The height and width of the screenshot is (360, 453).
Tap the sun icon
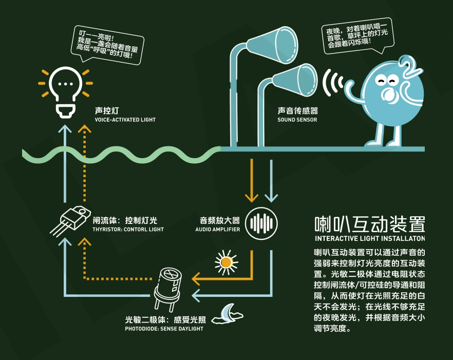(x=226, y=262)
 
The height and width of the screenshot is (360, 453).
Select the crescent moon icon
(x=228, y=313)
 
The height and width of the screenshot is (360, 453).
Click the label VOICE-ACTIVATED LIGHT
(x=125, y=120)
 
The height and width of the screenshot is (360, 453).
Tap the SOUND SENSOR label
(x=297, y=120)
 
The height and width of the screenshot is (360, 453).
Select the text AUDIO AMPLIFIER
(x=217, y=229)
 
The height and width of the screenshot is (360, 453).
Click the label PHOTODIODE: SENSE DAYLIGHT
(x=164, y=328)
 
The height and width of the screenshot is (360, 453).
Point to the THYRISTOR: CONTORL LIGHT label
(x=128, y=229)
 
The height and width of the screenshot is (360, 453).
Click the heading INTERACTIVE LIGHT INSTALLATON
(x=370, y=239)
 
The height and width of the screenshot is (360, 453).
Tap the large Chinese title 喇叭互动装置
(x=370, y=224)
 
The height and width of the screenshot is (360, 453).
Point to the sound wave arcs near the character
(x=334, y=82)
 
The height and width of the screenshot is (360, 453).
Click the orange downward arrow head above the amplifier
(x=251, y=197)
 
